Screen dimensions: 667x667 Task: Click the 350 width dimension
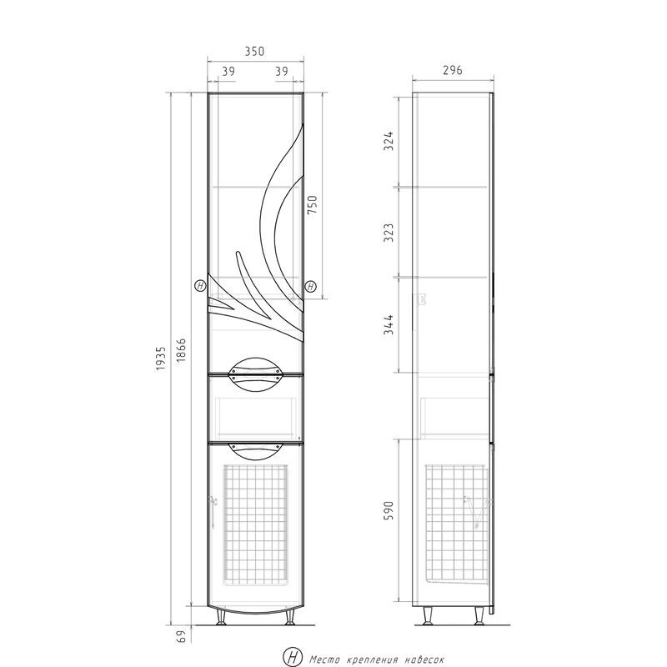tap(254, 51)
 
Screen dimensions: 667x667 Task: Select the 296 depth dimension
tap(452, 70)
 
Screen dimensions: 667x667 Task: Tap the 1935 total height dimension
tap(160, 359)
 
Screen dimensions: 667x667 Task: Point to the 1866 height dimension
tap(181, 350)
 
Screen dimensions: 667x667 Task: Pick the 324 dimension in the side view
tap(389, 141)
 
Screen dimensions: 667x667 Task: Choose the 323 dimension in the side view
tap(389, 233)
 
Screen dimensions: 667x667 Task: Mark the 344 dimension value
tap(389, 325)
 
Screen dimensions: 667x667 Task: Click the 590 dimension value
tap(389, 510)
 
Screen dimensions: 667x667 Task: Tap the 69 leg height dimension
tap(181, 637)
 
